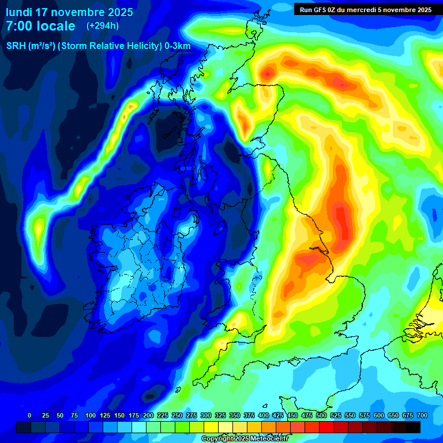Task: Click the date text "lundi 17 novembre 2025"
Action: pos(69,12)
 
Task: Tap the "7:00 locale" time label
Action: pos(40,26)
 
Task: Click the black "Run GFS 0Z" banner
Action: pos(366,9)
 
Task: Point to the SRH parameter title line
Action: pos(98,46)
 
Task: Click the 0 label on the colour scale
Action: pos(29,415)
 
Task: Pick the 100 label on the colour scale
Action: pos(90,415)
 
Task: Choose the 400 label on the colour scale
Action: pos(263,415)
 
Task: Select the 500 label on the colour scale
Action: pos(321,415)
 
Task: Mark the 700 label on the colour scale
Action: pos(422,415)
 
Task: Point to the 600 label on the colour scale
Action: pos(378,415)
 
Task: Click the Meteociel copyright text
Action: pos(245,439)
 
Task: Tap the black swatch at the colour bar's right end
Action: pos(413,427)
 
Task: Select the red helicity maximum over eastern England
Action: pos(341,219)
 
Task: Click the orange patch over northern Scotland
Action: pos(268,73)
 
